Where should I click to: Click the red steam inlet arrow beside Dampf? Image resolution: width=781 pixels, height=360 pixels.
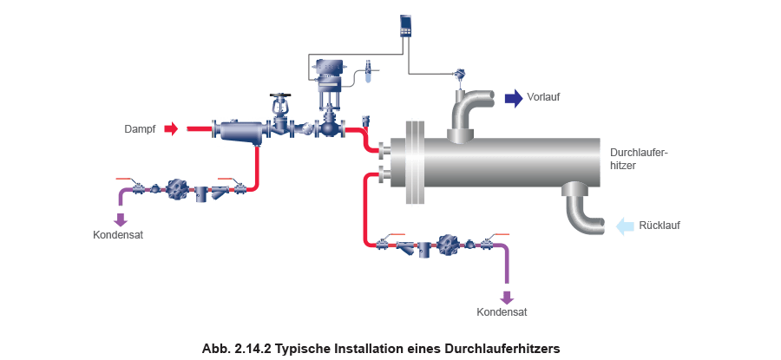(x=171, y=129)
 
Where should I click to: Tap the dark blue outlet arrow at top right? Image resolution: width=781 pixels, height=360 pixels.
(x=514, y=98)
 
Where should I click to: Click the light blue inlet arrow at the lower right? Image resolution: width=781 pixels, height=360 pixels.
(x=624, y=227)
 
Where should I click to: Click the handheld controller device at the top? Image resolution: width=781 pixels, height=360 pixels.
(x=405, y=26)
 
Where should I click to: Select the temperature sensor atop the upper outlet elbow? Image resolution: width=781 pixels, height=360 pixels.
(x=457, y=75)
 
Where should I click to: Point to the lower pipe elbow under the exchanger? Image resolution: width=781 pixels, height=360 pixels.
(x=582, y=206)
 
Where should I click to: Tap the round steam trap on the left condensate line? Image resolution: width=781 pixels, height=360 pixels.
(x=180, y=189)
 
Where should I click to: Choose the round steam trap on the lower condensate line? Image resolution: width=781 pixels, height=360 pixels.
(x=450, y=245)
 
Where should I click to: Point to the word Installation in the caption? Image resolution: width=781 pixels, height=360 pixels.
(x=371, y=348)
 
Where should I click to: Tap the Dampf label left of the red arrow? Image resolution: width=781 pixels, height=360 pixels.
(x=140, y=129)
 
